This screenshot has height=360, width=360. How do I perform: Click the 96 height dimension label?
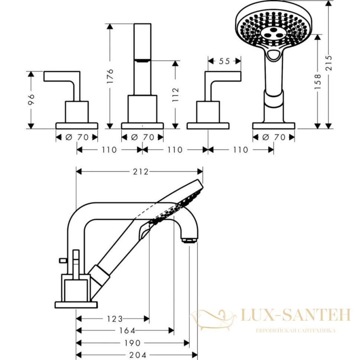click(31, 99)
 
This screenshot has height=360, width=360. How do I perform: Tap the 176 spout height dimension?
click(110, 76)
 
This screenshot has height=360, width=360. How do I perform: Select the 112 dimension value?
click(176, 95)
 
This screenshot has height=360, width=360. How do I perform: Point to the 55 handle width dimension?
click(224, 61)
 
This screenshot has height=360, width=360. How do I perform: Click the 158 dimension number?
click(318, 82)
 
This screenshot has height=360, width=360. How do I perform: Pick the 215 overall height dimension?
click(329, 63)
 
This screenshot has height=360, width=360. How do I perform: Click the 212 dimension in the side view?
click(141, 172)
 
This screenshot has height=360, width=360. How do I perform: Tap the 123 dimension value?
click(115, 319)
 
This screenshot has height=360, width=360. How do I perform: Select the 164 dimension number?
click(127, 331)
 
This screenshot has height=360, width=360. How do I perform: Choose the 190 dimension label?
click(132, 343)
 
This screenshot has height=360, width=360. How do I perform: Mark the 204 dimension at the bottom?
click(138, 355)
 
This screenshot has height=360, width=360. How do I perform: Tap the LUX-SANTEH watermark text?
click(296, 315)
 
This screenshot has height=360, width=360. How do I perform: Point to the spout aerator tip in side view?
click(189, 240)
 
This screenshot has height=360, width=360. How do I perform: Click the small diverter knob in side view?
click(63, 261)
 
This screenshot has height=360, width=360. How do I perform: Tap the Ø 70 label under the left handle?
click(77, 137)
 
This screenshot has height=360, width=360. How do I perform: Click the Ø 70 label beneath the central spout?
click(143, 137)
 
